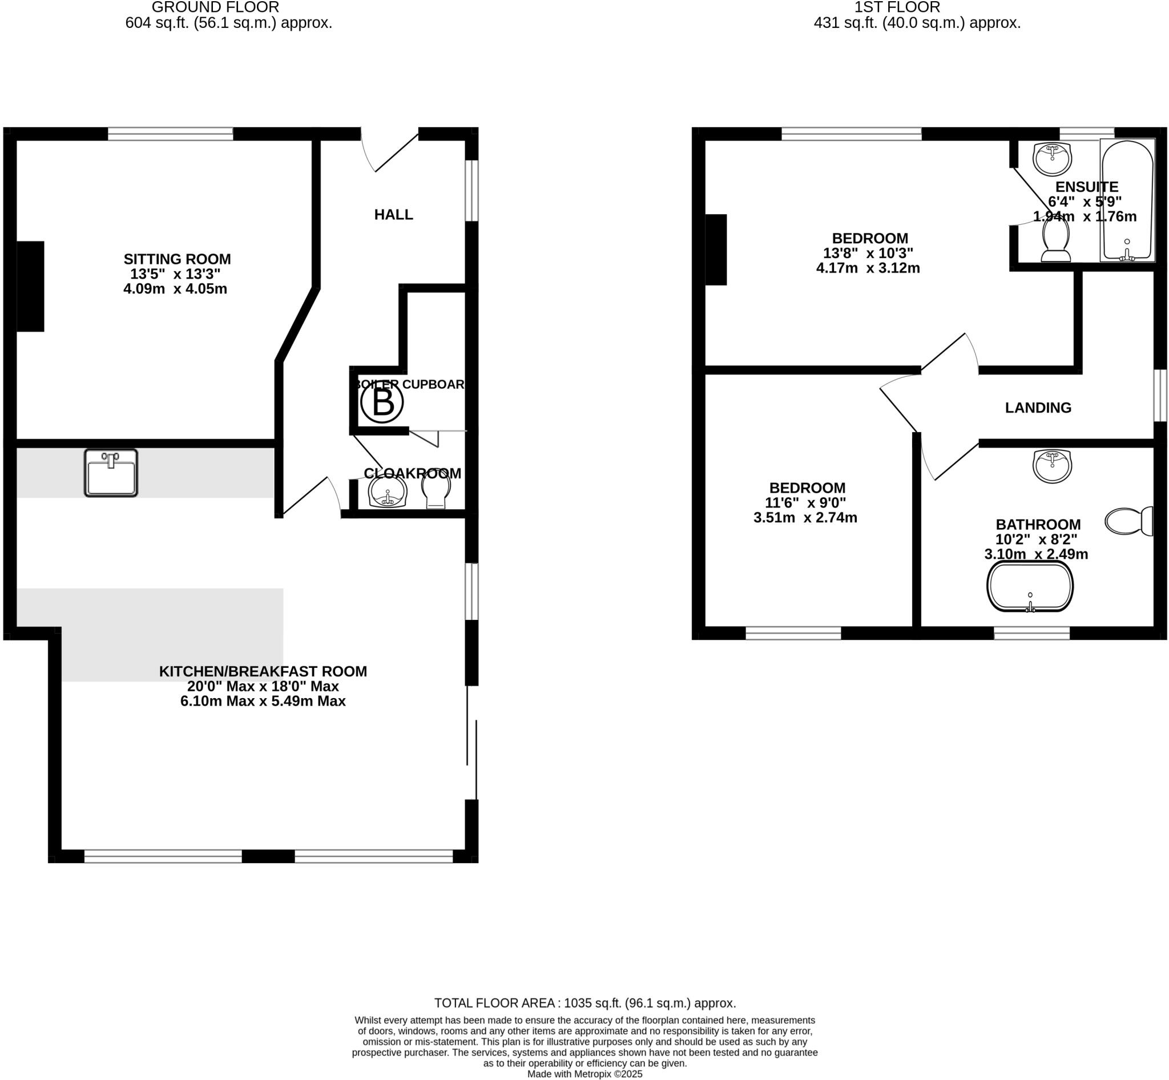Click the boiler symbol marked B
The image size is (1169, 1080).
tap(382, 402)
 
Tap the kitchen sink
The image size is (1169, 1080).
tap(111, 473)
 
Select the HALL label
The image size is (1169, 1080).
tap(393, 215)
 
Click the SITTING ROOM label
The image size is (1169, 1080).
tap(177, 259)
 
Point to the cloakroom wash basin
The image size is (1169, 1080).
tap(387, 492)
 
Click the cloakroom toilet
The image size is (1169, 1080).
tap(436, 491)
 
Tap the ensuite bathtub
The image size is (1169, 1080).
tap(1127, 200)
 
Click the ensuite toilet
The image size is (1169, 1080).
tap(1055, 241)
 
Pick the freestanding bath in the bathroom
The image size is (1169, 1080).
tap(1030, 587)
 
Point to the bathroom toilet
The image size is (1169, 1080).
tap(1128, 521)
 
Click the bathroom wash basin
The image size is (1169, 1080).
tap(1052, 466)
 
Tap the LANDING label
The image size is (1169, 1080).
tap(1038, 408)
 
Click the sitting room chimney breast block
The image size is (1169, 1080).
tap(30, 287)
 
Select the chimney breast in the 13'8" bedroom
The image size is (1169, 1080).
tap(716, 249)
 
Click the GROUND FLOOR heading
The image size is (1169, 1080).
tap(215, 7)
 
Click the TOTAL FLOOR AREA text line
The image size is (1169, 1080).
tap(584, 1004)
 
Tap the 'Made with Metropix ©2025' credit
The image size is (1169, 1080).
tap(584, 1074)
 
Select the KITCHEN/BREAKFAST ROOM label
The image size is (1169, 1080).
tap(263, 671)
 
